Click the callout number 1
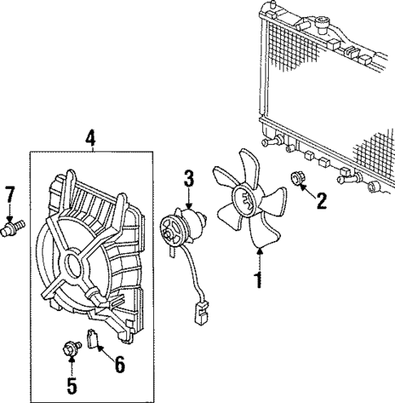pyautogui.click(x=259, y=281)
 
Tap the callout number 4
pyautogui.click(x=90, y=138)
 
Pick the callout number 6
pyautogui.click(x=119, y=365)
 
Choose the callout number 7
pyautogui.click(x=11, y=195)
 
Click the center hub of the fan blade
pyautogui.click(x=243, y=198)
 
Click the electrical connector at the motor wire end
pyautogui.click(x=198, y=313)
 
